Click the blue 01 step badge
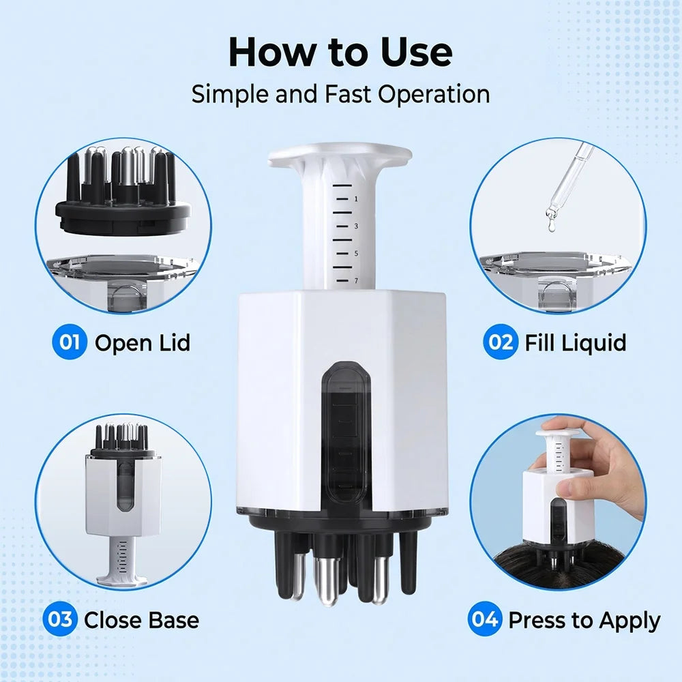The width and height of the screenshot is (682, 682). point(69,342)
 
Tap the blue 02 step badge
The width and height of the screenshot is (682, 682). point(500,342)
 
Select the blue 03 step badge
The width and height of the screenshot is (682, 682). point(60,619)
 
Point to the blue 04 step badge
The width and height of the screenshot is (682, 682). point(485,619)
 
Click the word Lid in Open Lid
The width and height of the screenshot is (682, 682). point(173,342)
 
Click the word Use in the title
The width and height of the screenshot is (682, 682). point(416,53)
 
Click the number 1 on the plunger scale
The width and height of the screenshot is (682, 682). point(356,198)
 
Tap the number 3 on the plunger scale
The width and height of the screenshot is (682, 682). point(356,226)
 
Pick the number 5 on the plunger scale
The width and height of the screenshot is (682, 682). point(356,254)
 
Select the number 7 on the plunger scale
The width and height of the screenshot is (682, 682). point(356,280)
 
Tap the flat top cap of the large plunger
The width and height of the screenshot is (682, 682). point(339,155)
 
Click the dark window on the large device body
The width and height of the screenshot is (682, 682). point(346,430)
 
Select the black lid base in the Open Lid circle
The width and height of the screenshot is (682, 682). point(123,216)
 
